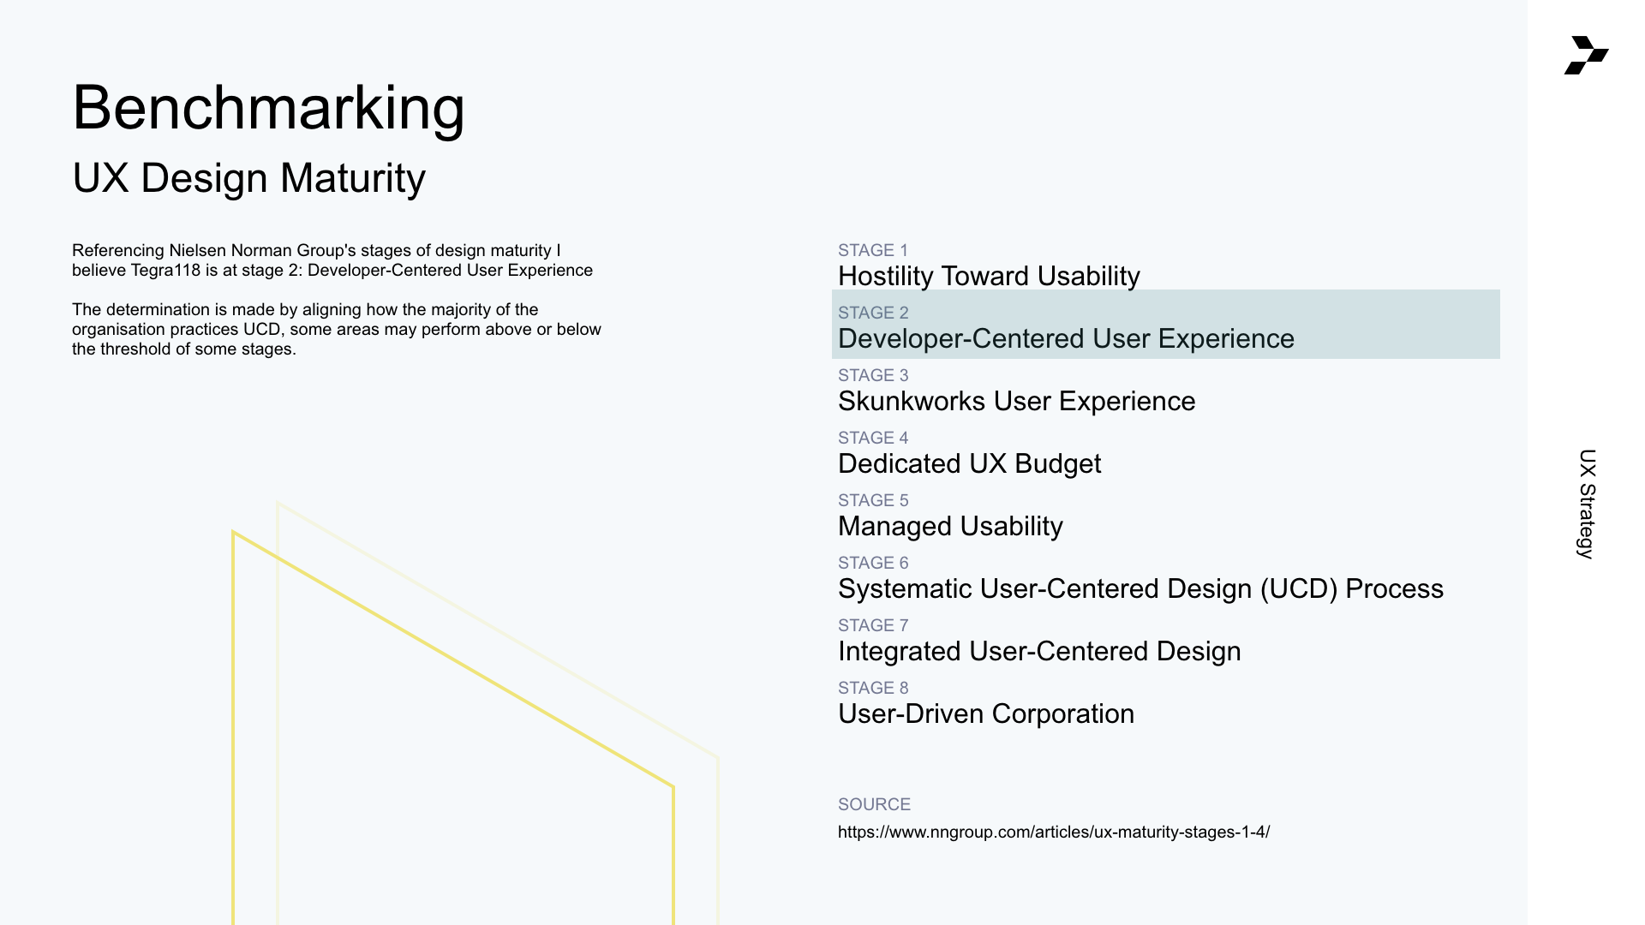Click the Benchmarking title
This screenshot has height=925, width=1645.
point(268,109)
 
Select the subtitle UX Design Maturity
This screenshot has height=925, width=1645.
point(248,178)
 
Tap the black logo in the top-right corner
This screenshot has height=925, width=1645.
point(1586,55)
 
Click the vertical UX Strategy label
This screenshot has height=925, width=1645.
point(1587,504)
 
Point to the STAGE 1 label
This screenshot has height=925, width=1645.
point(872,250)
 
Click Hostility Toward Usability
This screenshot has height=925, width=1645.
point(989,276)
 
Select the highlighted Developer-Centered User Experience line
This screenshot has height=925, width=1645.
point(1066,338)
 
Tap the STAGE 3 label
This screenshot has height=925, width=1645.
point(873,375)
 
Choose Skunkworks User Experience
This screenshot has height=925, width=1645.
point(1016,401)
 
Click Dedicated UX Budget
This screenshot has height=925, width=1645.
point(969,463)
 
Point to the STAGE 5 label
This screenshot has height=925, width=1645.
point(873,500)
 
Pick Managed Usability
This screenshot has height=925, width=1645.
point(950,526)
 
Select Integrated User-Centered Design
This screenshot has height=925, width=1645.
point(1039,651)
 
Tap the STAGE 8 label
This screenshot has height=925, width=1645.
point(873,688)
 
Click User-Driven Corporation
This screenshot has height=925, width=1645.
point(985,713)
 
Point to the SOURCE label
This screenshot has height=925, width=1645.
point(874,804)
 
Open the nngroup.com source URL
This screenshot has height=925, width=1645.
point(1054,832)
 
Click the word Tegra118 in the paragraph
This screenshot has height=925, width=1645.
point(165,271)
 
